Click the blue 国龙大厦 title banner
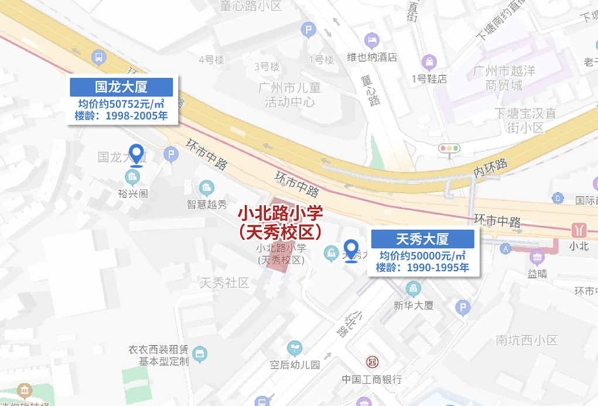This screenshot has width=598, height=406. click(x=121, y=87)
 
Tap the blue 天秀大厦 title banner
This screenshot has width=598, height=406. click(x=422, y=239)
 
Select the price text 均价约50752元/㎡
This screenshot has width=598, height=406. click(x=121, y=104)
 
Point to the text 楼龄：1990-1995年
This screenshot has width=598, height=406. click(x=422, y=268)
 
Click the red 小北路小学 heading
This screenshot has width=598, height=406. click(x=281, y=213)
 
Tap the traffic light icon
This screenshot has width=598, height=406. click(x=450, y=148)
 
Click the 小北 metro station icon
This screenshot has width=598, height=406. click(x=579, y=230)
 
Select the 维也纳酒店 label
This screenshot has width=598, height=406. click(x=372, y=57)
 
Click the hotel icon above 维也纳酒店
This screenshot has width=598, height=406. click(x=371, y=40)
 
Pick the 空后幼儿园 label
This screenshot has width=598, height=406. click(x=295, y=364)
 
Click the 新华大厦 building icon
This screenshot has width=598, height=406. click(x=413, y=288)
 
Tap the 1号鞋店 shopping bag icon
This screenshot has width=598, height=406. click(x=429, y=61)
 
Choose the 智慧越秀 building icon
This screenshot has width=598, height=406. click(x=206, y=187)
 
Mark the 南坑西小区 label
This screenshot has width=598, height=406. click(x=527, y=340)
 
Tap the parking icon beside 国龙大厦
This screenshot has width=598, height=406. click(x=171, y=156)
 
